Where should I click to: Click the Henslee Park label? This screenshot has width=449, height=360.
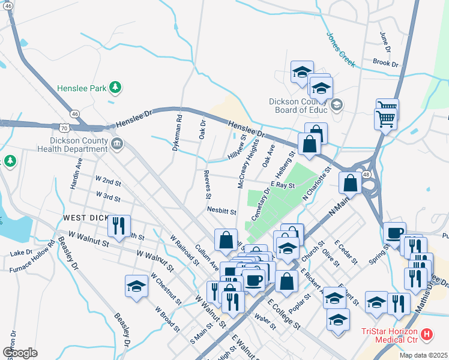point(80,88)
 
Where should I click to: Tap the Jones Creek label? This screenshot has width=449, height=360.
point(340,47)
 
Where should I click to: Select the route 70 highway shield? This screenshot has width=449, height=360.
point(71,127)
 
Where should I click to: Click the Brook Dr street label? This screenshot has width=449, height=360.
point(385,62)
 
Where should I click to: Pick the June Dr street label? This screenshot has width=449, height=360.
point(384,43)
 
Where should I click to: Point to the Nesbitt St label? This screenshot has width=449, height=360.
point(221,212)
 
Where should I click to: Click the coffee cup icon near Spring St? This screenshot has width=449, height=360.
point(394,233)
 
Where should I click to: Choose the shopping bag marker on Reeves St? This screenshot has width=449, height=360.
point(226,239)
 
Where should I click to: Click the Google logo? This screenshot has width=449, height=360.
point(20,353)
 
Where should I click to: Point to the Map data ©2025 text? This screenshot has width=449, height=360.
point(423,355)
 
